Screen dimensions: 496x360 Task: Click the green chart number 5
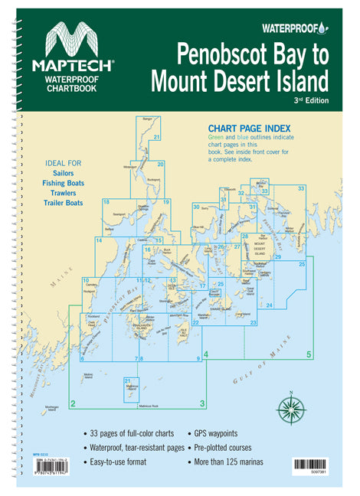pos(309,354)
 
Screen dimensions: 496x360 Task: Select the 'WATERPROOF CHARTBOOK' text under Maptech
pos(74,83)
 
